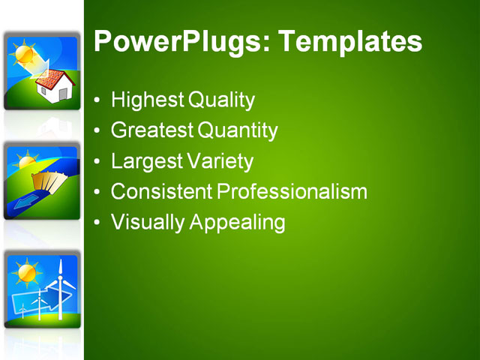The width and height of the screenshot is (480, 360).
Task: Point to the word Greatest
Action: tap(151, 131)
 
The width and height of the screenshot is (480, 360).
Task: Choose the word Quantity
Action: tap(238, 131)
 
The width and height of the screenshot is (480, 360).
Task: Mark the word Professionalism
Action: tap(292, 192)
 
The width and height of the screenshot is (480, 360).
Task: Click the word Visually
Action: tap(146, 223)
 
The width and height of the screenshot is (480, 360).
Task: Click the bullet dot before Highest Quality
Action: tap(97, 100)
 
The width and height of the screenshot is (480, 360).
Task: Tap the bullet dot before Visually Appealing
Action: tap(97, 223)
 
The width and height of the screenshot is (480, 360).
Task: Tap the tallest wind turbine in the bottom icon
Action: tap(60, 289)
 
